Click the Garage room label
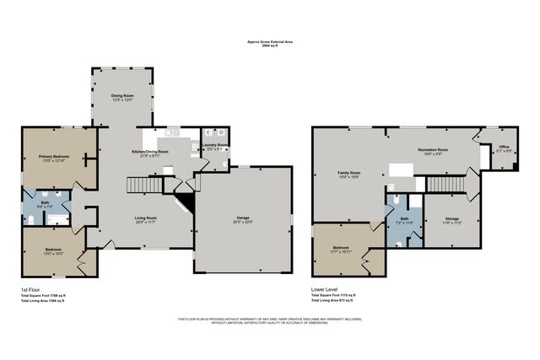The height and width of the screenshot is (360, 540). pos(243,218)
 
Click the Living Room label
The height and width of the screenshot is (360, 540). pos(147,218)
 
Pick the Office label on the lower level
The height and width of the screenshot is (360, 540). pos(504,147)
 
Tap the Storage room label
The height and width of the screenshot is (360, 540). pos(452,218)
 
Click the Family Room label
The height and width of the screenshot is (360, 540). pos(349,172)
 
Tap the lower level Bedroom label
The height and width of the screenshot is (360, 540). pos(339,247)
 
